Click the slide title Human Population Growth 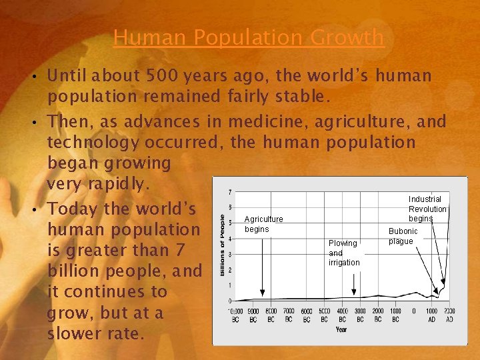[249, 37]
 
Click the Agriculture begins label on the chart [263, 224]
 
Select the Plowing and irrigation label [344, 253]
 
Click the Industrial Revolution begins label [427, 209]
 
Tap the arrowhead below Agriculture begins [262, 292]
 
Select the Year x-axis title [341, 329]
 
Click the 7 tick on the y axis [230, 193]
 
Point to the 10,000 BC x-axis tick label [235, 315]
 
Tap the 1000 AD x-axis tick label [432, 315]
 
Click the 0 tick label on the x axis [414, 311]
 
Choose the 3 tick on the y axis [230, 254]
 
